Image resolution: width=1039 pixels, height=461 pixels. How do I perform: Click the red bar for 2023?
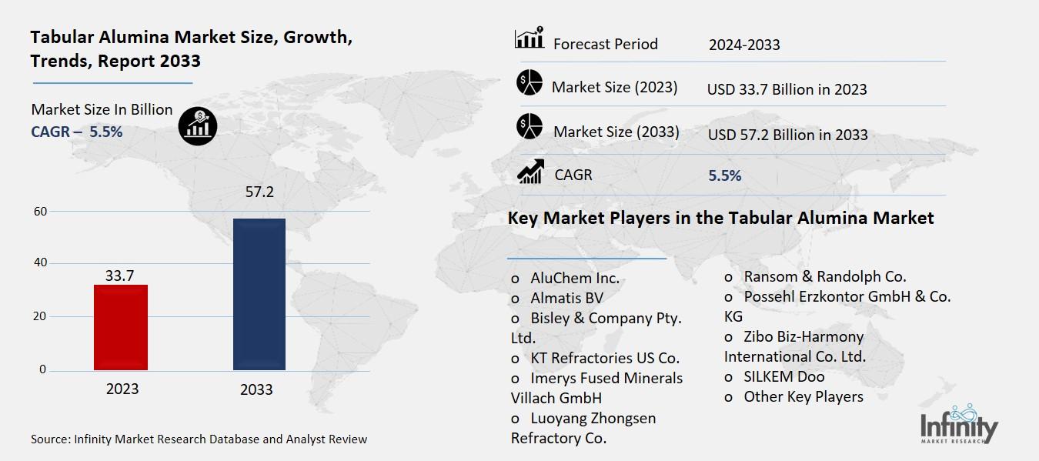[x=121, y=327]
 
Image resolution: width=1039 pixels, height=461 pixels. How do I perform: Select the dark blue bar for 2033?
[x=259, y=294]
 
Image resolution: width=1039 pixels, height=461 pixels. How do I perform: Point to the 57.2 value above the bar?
[x=259, y=192]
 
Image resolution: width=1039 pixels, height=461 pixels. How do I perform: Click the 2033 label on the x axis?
[x=256, y=389]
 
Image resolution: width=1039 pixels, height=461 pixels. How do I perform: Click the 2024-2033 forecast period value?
[x=744, y=45]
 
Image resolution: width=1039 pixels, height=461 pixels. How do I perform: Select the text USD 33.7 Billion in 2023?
[x=787, y=89]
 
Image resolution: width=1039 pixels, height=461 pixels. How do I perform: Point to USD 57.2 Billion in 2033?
[x=787, y=135]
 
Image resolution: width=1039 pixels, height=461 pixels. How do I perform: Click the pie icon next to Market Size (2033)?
[x=530, y=126]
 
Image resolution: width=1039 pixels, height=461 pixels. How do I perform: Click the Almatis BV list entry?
[x=566, y=299]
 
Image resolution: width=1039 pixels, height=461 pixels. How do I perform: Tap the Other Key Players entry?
[x=803, y=396]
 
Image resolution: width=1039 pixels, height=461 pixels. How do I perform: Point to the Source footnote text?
[x=199, y=439]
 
